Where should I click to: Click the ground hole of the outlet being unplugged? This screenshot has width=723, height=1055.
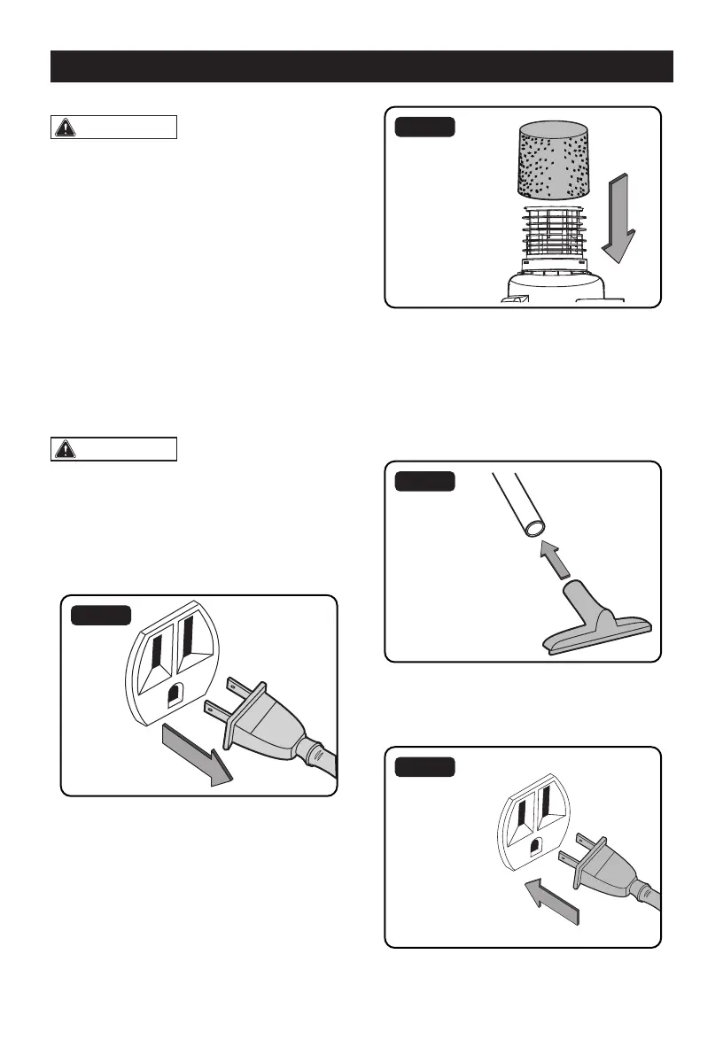click(x=175, y=693)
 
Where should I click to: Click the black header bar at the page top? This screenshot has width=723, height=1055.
click(x=361, y=66)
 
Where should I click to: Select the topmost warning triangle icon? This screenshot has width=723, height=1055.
click(x=65, y=127)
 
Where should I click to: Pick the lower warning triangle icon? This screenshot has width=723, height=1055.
click(x=65, y=449)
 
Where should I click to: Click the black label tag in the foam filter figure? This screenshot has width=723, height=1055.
click(x=424, y=127)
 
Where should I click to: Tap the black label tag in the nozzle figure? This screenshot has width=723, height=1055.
click(x=424, y=481)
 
